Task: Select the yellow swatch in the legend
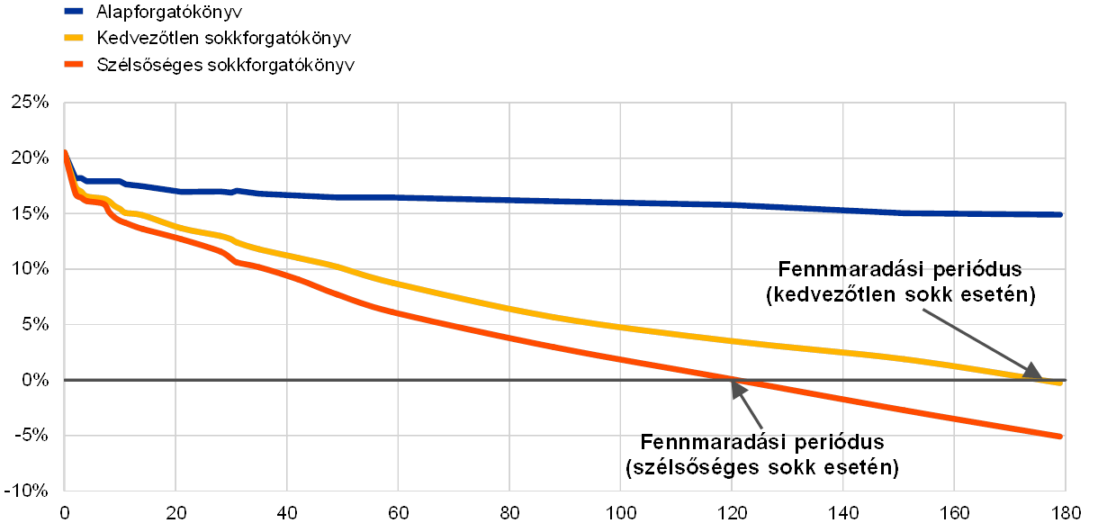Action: (x=74, y=39)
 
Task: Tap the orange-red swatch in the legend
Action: (x=74, y=65)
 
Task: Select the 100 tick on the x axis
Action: (x=620, y=513)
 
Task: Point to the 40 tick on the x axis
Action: (x=287, y=513)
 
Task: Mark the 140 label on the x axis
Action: (x=842, y=513)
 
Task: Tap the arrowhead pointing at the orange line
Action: (x=737, y=389)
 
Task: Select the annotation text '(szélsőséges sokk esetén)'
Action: (x=762, y=468)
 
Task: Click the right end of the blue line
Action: (x=1063, y=215)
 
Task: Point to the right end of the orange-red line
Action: (x=1063, y=437)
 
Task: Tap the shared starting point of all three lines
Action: (x=65, y=151)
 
